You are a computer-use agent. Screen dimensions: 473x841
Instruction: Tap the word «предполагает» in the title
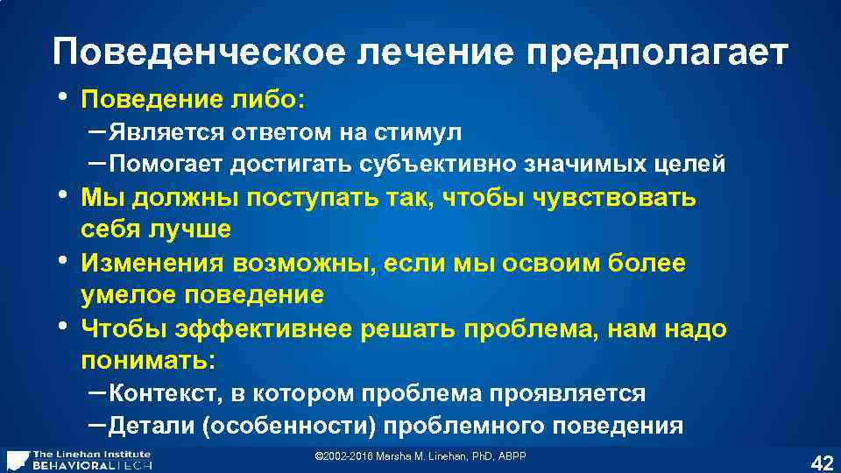click(x=657, y=53)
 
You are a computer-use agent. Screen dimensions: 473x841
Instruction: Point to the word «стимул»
click(x=418, y=133)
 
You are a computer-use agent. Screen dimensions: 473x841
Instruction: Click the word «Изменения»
click(x=154, y=264)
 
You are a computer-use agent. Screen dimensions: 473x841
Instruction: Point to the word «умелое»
click(x=127, y=295)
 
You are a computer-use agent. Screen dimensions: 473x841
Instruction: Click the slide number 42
click(x=822, y=461)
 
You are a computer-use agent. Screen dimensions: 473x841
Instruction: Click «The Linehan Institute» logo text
click(x=91, y=454)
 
